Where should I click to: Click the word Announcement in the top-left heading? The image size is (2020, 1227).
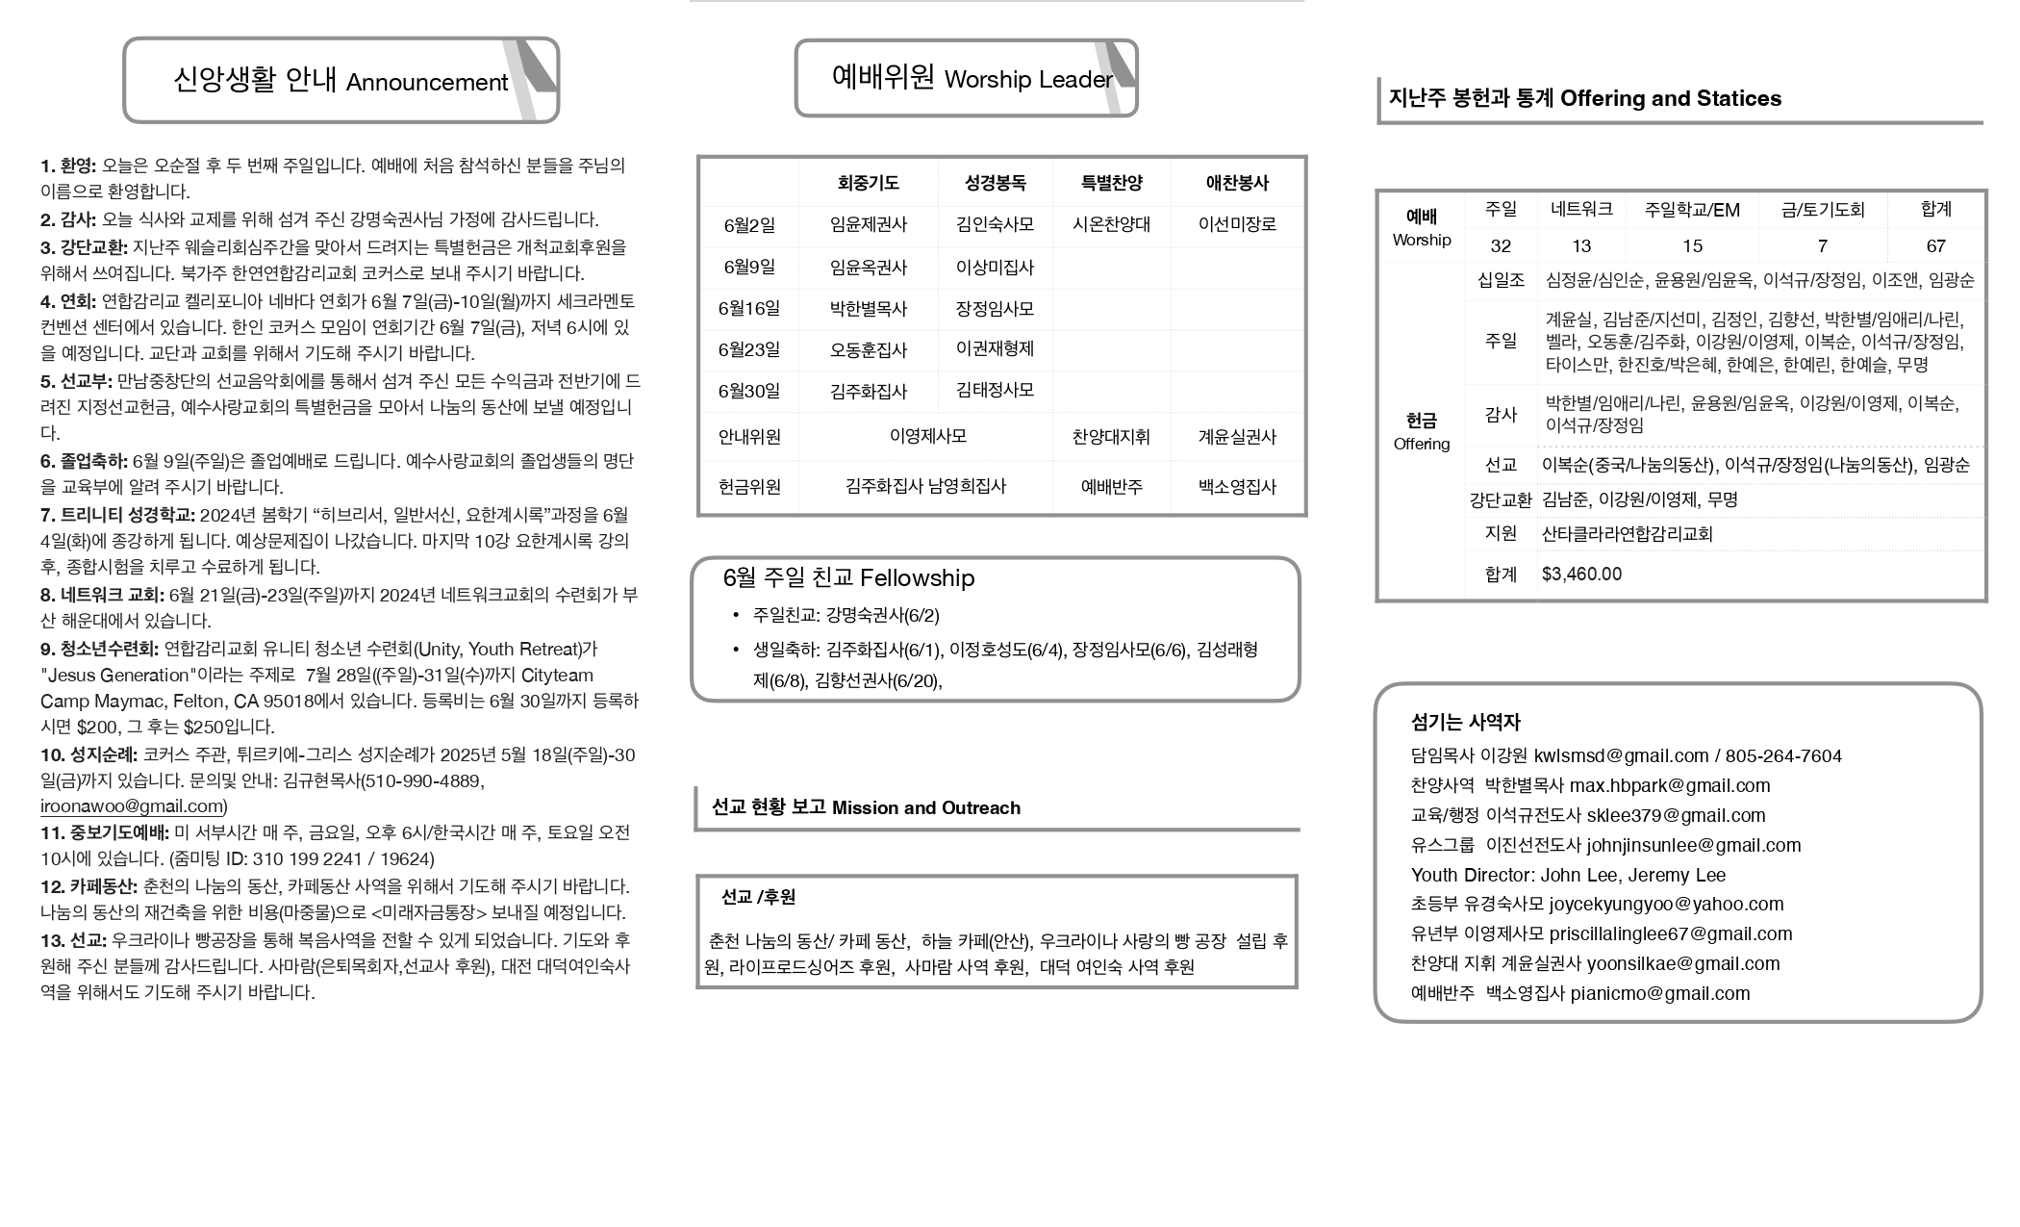click(426, 83)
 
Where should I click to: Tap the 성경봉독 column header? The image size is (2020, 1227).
click(995, 182)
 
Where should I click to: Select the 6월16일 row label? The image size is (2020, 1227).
click(748, 309)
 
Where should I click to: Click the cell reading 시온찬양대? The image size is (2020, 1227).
click(1111, 224)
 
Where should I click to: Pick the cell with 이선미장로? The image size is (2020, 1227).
click(1237, 224)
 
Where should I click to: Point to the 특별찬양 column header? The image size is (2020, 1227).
click(1111, 182)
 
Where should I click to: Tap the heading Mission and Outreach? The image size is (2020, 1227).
click(925, 808)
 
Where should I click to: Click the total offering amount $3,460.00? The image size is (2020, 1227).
click(1581, 575)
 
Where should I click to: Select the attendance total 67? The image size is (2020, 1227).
click(1935, 246)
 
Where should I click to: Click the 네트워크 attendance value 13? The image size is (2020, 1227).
click(1580, 246)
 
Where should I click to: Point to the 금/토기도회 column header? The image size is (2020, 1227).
click(1822, 210)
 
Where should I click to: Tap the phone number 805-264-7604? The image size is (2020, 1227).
click(1783, 756)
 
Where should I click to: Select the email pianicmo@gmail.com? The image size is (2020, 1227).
click(1659, 994)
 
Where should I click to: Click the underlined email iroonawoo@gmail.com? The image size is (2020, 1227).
click(133, 806)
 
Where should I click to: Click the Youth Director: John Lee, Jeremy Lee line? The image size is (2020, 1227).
click(1568, 876)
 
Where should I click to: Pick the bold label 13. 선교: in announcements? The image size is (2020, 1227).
click(73, 940)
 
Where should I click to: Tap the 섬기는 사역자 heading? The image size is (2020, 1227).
click(1465, 723)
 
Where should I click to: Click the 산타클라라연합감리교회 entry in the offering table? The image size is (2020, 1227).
click(1627, 534)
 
